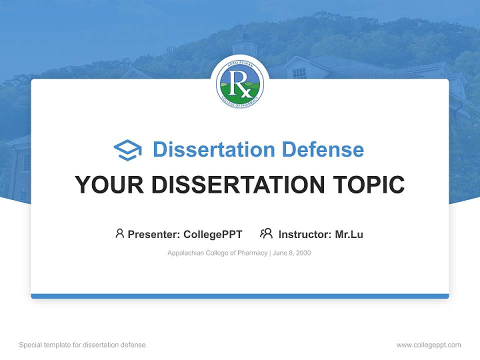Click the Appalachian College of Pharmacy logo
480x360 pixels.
pos(240,84)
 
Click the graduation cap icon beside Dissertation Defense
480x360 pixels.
pos(127,150)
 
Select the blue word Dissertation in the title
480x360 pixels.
pos(214,149)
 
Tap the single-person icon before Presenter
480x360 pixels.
pos(119,233)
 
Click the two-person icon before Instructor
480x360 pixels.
pos(266,233)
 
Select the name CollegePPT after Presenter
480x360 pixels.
pos(213,234)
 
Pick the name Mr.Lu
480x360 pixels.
pos(349,234)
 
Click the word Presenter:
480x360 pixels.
pos(154,234)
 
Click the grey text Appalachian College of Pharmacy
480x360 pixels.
pos(217,253)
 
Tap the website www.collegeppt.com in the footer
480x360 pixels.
pos(428,345)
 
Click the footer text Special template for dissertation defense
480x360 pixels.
pos(82,345)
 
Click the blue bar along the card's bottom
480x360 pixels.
pos(240,296)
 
